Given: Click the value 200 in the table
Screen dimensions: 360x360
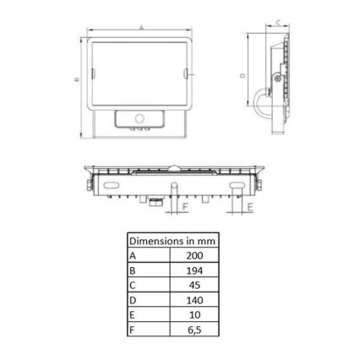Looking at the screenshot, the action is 194,255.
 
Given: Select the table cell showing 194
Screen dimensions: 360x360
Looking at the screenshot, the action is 194,270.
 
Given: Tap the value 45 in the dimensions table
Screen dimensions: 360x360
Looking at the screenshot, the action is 194,286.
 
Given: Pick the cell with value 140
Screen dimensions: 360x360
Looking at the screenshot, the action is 194,300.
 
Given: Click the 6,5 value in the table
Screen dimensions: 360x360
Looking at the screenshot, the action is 194,330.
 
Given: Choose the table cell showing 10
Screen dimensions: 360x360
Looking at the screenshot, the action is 194,315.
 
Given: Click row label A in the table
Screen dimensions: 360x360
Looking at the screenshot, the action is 133,256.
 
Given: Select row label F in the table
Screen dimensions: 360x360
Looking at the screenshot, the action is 131,330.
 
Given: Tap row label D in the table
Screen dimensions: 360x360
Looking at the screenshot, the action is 133,300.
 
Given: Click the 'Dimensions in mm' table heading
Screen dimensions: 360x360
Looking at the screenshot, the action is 172,241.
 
